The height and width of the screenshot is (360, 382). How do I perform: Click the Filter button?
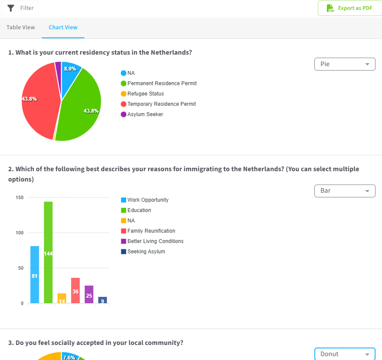[x=20, y=8]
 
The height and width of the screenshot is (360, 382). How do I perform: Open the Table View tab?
[x=21, y=28]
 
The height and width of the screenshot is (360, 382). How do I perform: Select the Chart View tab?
[x=63, y=28]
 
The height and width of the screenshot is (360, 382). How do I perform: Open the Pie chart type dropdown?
[x=345, y=64]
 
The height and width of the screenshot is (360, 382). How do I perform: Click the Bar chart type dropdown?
[x=345, y=191]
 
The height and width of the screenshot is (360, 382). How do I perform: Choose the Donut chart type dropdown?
[x=345, y=354]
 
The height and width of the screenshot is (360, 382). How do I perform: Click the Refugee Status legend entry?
[x=142, y=94]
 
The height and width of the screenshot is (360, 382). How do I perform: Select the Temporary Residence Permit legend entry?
[x=158, y=104]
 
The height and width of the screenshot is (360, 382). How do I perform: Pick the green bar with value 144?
[x=48, y=252]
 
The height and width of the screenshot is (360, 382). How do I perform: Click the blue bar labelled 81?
[x=34, y=274]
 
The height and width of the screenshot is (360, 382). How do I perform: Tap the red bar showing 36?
[x=75, y=290]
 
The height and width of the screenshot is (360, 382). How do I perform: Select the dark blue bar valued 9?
[x=102, y=300]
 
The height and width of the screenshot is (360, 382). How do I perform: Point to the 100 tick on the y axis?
[x=19, y=233]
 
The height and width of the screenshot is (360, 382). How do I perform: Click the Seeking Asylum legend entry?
[x=143, y=252]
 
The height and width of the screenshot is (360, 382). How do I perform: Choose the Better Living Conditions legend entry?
[x=152, y=241]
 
